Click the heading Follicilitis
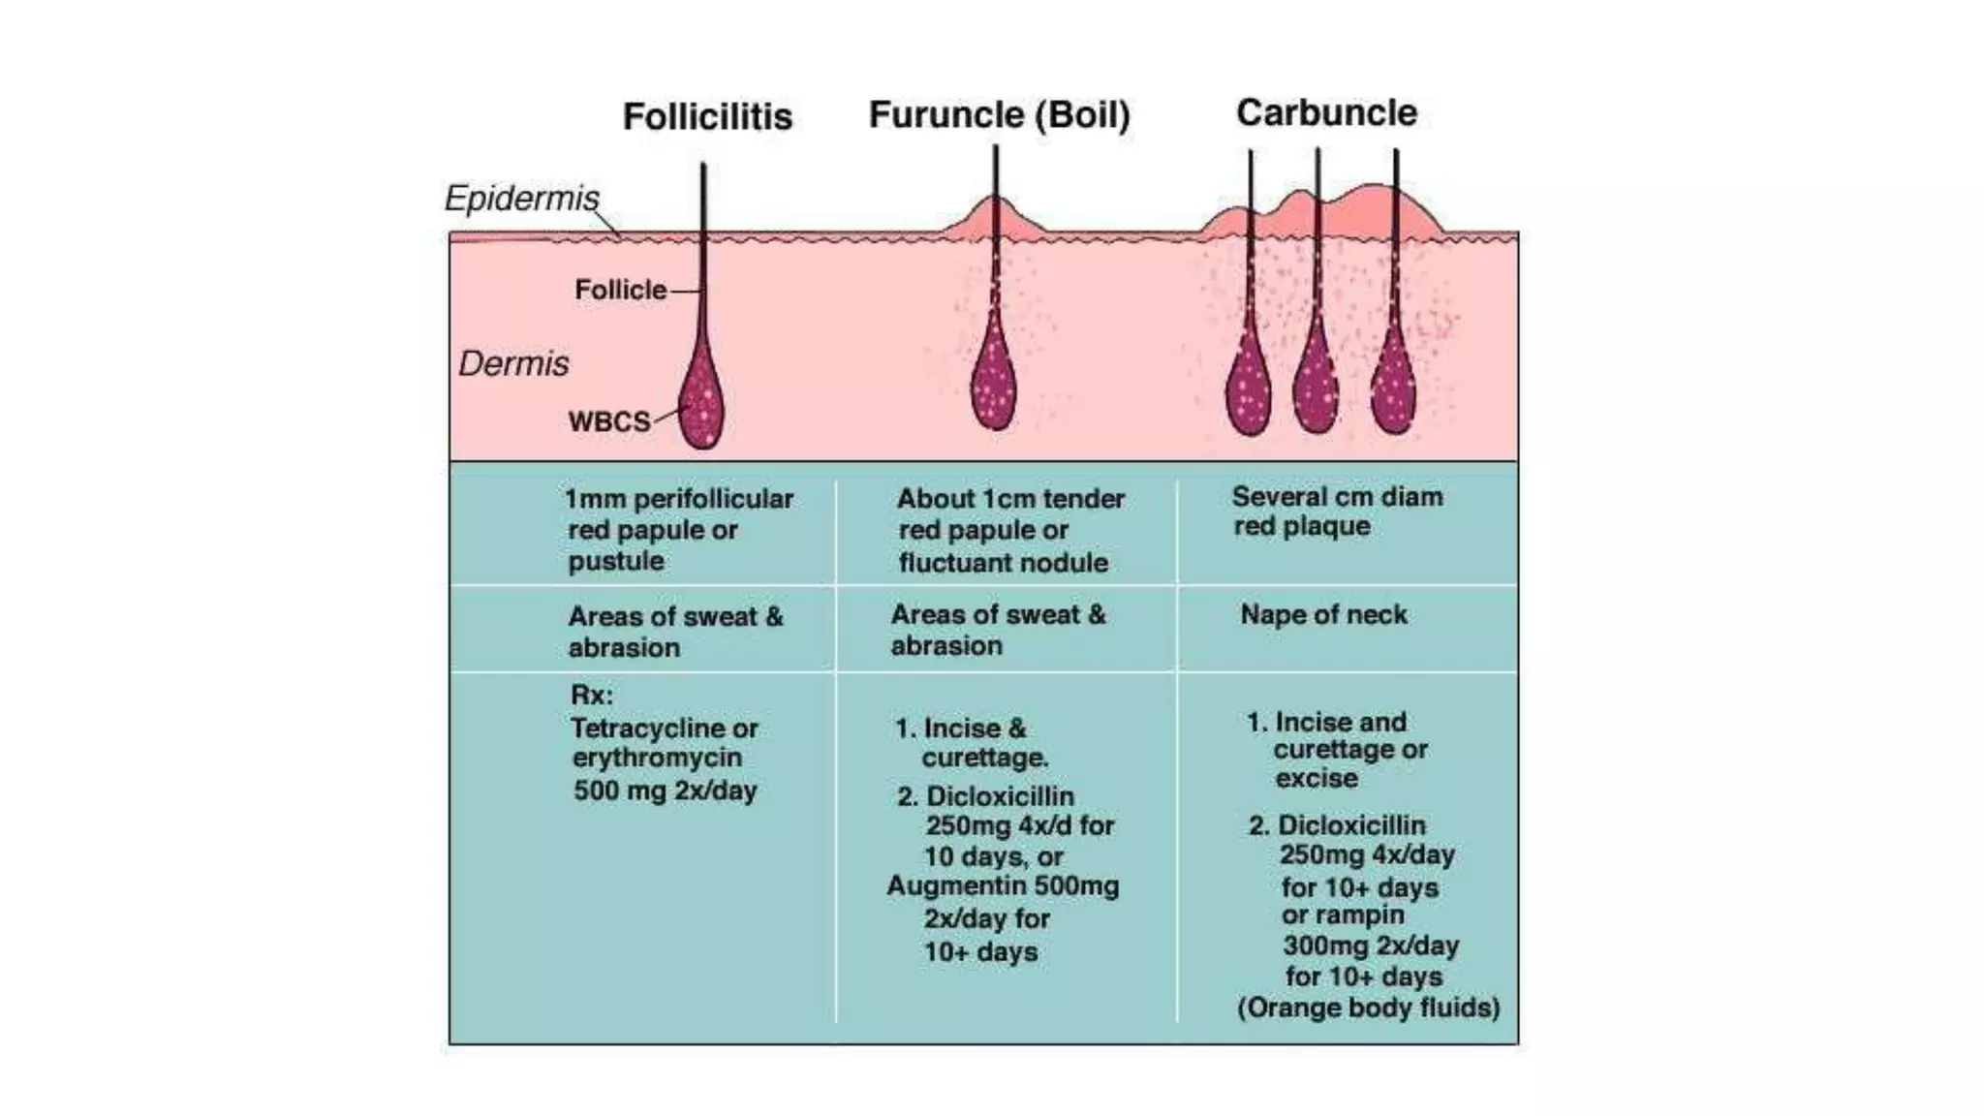(707, 117)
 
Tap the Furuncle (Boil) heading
(999, 115)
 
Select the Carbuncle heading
(1325, 113)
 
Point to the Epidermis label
(521, 199)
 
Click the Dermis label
(513, 364)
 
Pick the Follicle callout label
(620, 290)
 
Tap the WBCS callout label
(609, 422)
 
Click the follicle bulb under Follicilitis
(701, 402)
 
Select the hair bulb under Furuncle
(993, 383)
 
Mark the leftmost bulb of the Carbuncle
(1249, 387)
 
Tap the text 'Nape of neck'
(1323, 615)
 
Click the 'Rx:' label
(591, 696)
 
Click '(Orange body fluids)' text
(1368, 1008)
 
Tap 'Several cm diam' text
(1337, 497)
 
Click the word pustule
(615, 562)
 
